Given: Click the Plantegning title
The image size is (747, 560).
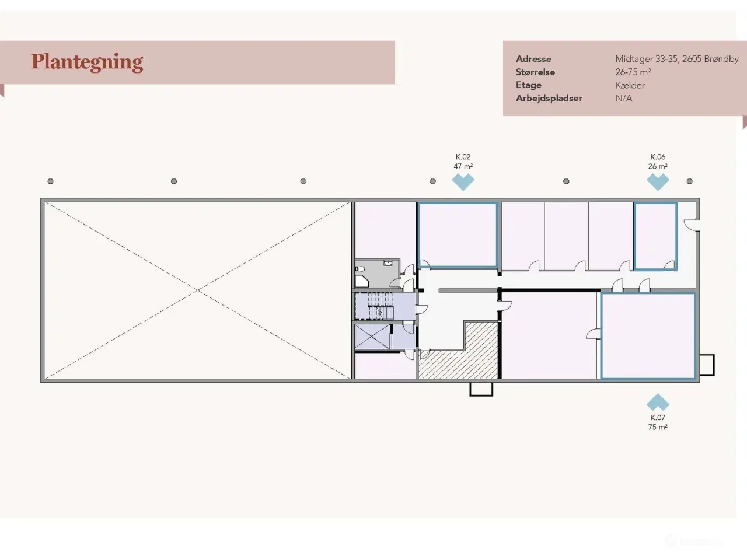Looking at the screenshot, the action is (x=87, y=62).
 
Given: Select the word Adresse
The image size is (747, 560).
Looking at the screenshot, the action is (x=533, y=59).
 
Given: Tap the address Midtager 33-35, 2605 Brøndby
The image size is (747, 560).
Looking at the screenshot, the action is (x=676, y=59).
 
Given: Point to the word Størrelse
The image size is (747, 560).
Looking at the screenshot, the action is (x=535, y=72).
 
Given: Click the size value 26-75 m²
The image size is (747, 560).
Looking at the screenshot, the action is (x=633, y=72).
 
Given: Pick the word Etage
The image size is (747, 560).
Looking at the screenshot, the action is (x=529, y=85).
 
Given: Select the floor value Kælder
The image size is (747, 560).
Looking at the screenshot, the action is (x=630, y=85).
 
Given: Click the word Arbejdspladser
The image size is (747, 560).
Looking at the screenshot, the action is (x=549, y=98).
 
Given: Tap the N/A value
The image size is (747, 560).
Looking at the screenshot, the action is (x=624, y=98).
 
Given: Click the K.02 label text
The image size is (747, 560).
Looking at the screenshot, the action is (x=463, y=157).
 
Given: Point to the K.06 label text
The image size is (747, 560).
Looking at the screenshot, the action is (x=658, y=157).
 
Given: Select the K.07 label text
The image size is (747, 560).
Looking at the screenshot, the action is (x=658, y=418).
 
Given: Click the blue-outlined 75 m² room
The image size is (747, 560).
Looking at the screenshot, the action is (x=648, y=336).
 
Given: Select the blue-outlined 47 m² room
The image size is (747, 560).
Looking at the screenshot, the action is (x=458, y=235).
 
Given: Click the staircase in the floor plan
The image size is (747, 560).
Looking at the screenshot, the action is (x=380, y=306).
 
